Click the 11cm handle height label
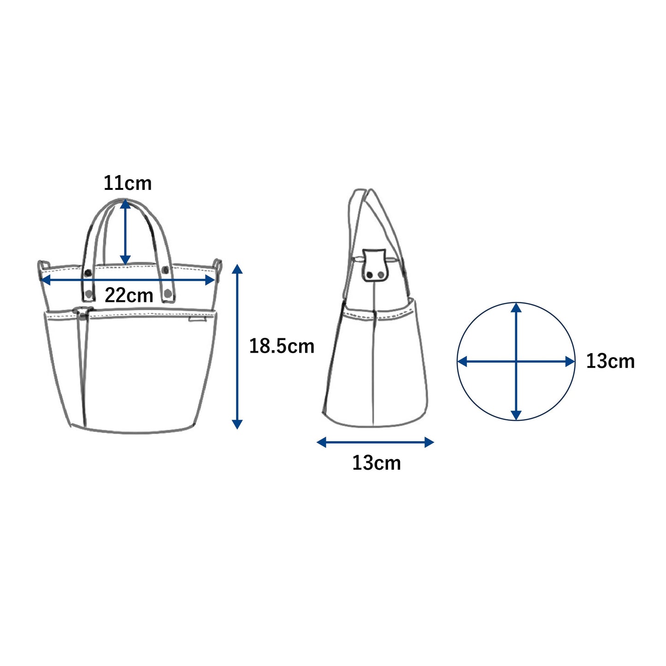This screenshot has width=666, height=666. tap(128, 183)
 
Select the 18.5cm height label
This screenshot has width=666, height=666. tap(282, 346)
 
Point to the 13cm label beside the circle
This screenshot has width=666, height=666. tap(610, 361)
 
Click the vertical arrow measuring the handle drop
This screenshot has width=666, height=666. tap(125, 233)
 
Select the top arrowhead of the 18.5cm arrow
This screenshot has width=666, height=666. tap(237, 269)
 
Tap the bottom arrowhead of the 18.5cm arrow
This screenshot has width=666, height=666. tap(237, 424)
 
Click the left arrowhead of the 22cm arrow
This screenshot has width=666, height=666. tap(46, 280)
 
